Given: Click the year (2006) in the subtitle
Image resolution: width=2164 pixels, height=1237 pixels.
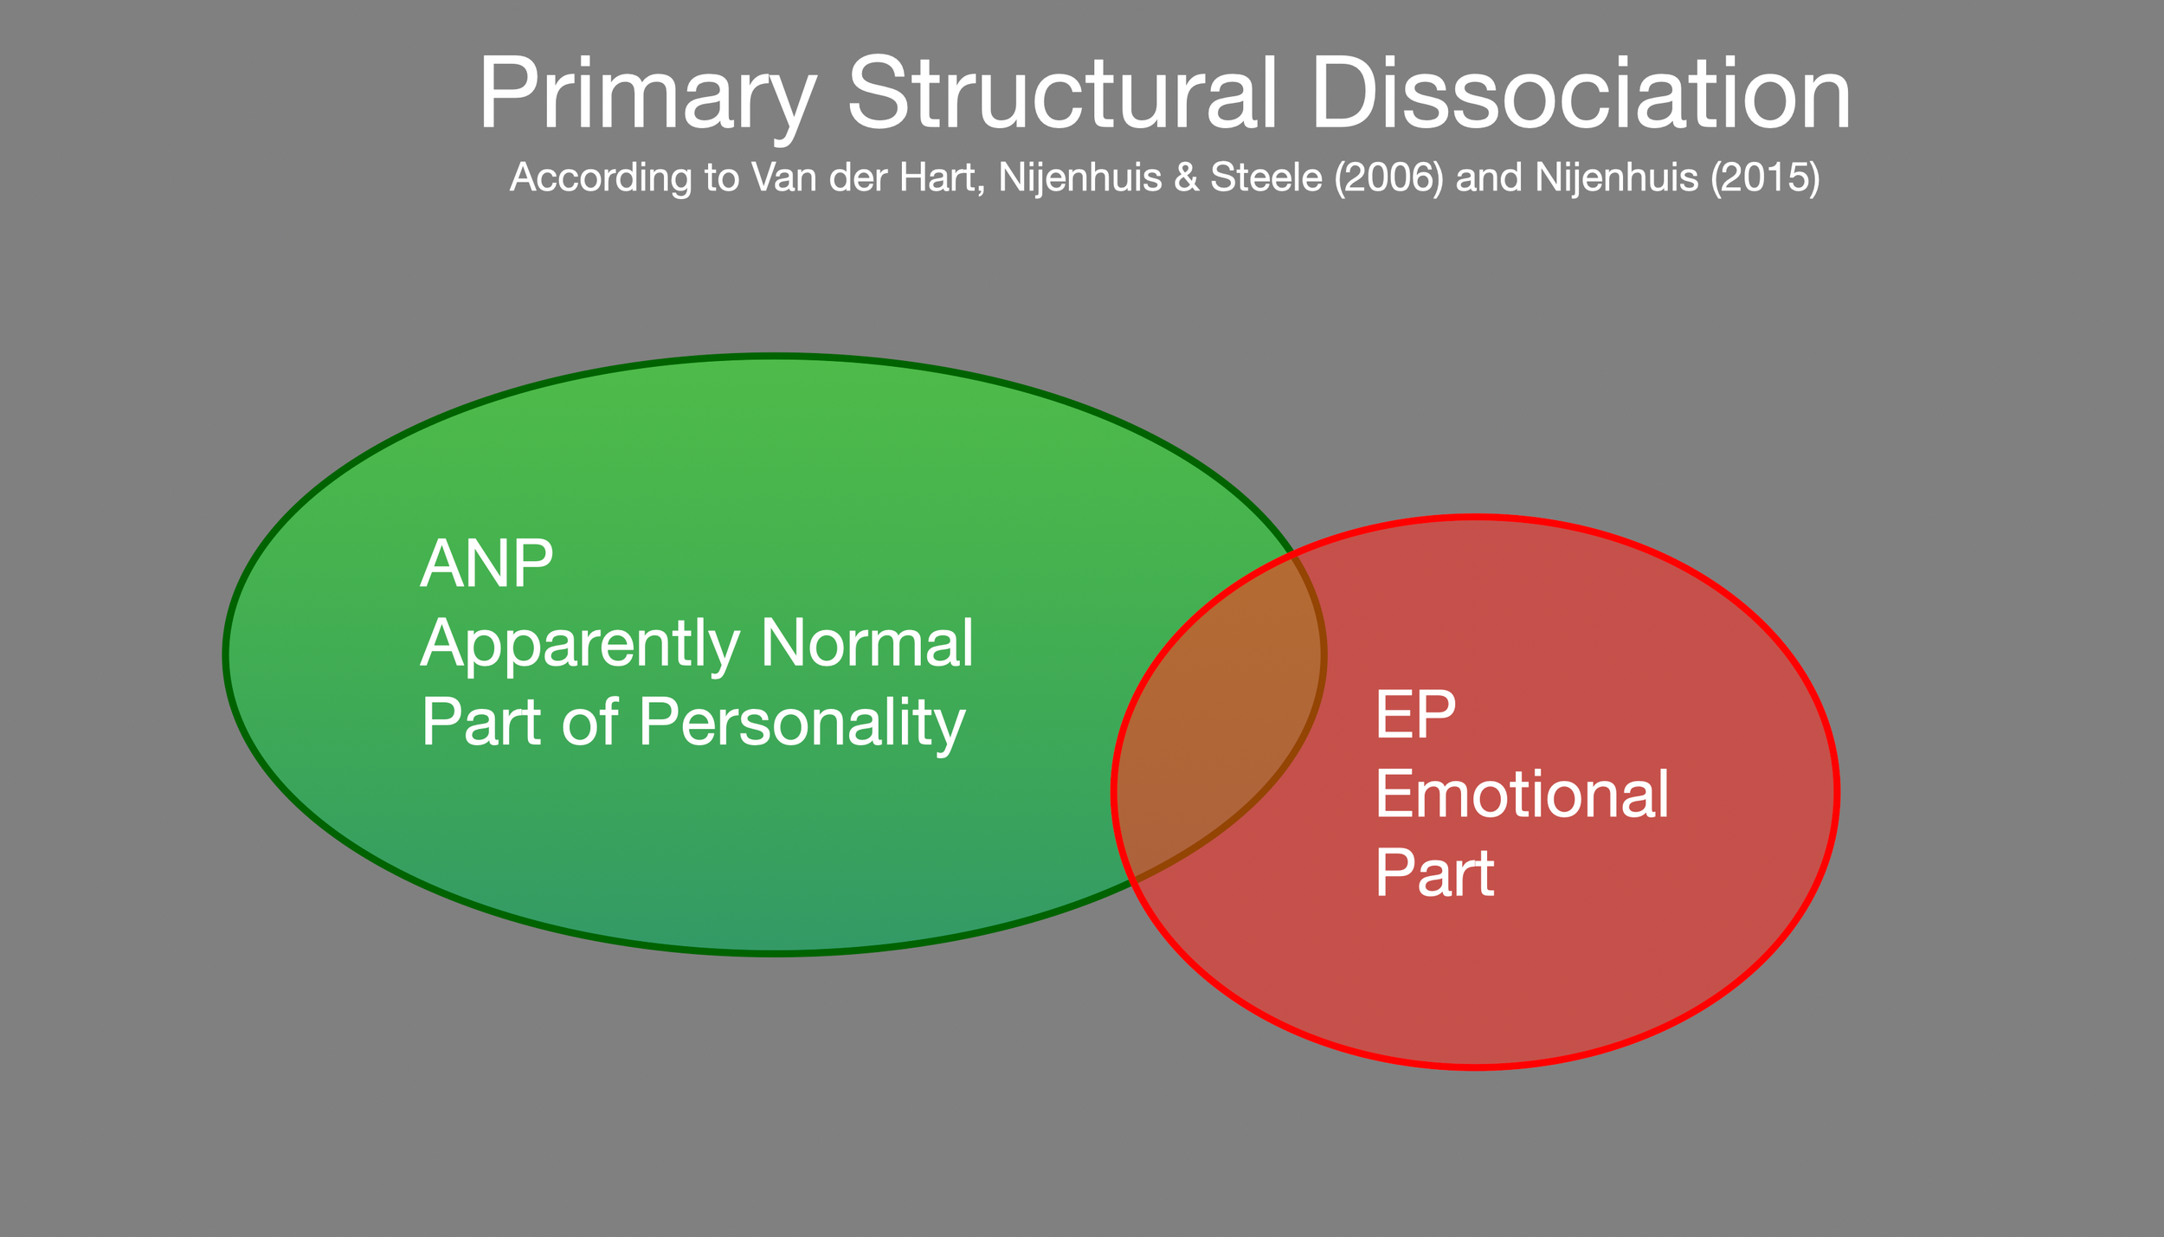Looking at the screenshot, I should [1388, 177].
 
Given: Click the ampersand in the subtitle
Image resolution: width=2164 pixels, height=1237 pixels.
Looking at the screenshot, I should [1188, 177].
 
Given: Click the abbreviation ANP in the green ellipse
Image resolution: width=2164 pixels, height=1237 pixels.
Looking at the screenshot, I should [486, 564].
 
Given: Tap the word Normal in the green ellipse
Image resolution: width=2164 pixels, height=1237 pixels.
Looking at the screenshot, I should [866, 643].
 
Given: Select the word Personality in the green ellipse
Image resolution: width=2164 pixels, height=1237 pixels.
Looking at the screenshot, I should [802, 724].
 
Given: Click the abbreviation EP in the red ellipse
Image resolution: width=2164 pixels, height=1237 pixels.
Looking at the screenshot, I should [1415, 715].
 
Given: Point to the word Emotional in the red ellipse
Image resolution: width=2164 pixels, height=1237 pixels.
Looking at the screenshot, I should [1522, 795].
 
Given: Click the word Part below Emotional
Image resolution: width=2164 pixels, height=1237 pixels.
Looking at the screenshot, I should [1434, 873].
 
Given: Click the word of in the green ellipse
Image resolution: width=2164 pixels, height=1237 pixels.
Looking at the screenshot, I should [589, 722].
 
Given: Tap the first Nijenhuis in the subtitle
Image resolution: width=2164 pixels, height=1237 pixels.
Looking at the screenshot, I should [1079, 177].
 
